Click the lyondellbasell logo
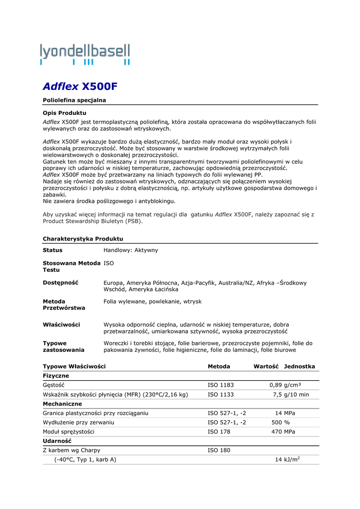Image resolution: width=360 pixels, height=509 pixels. [85, 54]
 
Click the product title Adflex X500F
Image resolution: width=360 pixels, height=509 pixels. [80, 86]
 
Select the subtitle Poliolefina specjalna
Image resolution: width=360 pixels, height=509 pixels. [74, 100]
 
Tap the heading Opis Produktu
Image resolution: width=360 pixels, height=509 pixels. [65, 113]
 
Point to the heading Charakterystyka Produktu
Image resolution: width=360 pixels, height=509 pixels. [83, 239]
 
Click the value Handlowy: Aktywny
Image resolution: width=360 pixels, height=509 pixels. [131, 250]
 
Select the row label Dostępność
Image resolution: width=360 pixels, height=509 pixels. [61, 283]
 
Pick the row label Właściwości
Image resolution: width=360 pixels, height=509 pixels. [61, 325]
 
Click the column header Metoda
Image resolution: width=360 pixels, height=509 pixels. [219, 366]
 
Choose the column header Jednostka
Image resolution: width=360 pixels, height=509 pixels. [299, 366]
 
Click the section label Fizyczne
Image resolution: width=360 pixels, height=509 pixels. [56, 376]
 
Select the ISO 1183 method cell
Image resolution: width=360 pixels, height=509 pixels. [221, 385]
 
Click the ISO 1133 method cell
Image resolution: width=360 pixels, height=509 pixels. [221, 395]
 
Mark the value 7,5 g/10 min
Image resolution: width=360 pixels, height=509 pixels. [291, 395]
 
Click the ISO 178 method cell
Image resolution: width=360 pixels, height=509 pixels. [219, 432]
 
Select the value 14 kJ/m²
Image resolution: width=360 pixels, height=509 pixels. [287, 460]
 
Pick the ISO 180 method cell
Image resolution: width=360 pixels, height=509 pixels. [219, 450]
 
